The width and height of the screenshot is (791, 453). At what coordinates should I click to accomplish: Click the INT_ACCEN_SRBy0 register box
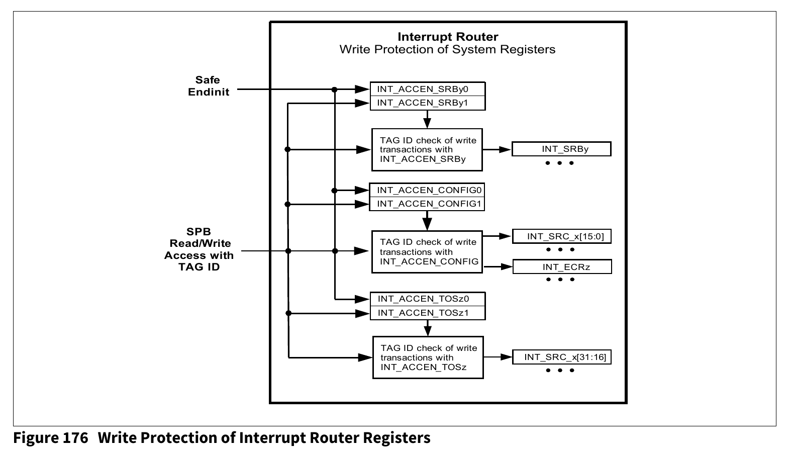coord(427,89)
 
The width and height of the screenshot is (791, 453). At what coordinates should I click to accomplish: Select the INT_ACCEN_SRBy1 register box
coord(427,103)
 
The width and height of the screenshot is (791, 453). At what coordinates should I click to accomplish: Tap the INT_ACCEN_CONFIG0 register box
coord(427,190)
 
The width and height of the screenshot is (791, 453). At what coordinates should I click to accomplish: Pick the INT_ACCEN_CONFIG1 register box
coord(427,204)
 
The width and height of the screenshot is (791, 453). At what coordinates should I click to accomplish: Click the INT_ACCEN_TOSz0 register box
coord(427,299)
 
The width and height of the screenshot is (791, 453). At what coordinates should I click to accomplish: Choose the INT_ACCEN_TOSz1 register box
coord(427,313)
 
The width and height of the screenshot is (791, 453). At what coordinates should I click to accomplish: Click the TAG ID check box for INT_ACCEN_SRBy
coord(427,150)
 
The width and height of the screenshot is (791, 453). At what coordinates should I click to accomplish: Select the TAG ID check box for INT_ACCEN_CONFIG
coord(427,252)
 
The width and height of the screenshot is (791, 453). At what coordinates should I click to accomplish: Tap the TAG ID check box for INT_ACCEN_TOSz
coord(428,357)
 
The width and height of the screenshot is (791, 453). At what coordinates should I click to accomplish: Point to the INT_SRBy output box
coord(561,149)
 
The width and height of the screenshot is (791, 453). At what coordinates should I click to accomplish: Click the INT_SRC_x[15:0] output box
coord(562,236)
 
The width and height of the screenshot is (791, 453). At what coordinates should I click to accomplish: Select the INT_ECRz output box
coord(562,267)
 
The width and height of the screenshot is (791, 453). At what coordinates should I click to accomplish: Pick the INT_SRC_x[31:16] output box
coord(562,357)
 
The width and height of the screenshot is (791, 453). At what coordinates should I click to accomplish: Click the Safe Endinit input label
coord(208,86)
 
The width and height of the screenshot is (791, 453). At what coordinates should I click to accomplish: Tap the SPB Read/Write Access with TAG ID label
coord(199,249)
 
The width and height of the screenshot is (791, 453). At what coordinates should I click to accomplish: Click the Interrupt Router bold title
coord(448,37)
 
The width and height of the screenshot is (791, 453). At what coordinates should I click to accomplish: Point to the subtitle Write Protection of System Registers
coord(447,49)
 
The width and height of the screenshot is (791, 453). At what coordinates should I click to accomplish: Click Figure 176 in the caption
coord(51,438)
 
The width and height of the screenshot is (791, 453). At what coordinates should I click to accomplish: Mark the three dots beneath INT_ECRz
coord(560,280)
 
